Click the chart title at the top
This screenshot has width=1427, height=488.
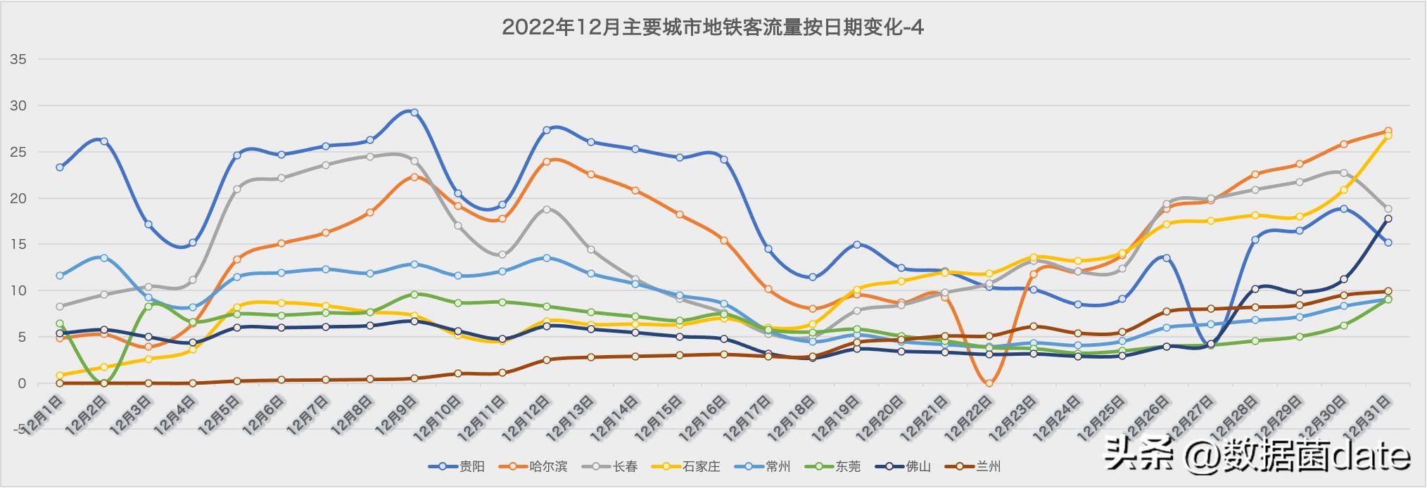(713, 27)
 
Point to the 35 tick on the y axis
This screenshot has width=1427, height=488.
(19, 60)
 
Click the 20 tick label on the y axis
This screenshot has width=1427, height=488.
(19, 198)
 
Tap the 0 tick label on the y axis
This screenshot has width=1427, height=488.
(22, 383)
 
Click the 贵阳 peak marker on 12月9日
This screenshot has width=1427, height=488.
(414, 113)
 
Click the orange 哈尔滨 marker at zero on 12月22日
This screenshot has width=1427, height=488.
(989, 383)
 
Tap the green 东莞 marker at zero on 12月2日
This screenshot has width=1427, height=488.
(104, 383)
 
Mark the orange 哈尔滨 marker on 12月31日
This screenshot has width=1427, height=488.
(1388, 131)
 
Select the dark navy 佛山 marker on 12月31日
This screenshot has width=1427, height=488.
(1388, 219)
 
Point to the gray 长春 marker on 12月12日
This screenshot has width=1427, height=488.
(547, 210)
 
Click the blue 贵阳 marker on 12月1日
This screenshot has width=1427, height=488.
(60, 167)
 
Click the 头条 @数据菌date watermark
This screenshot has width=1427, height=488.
(1257, 456)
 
